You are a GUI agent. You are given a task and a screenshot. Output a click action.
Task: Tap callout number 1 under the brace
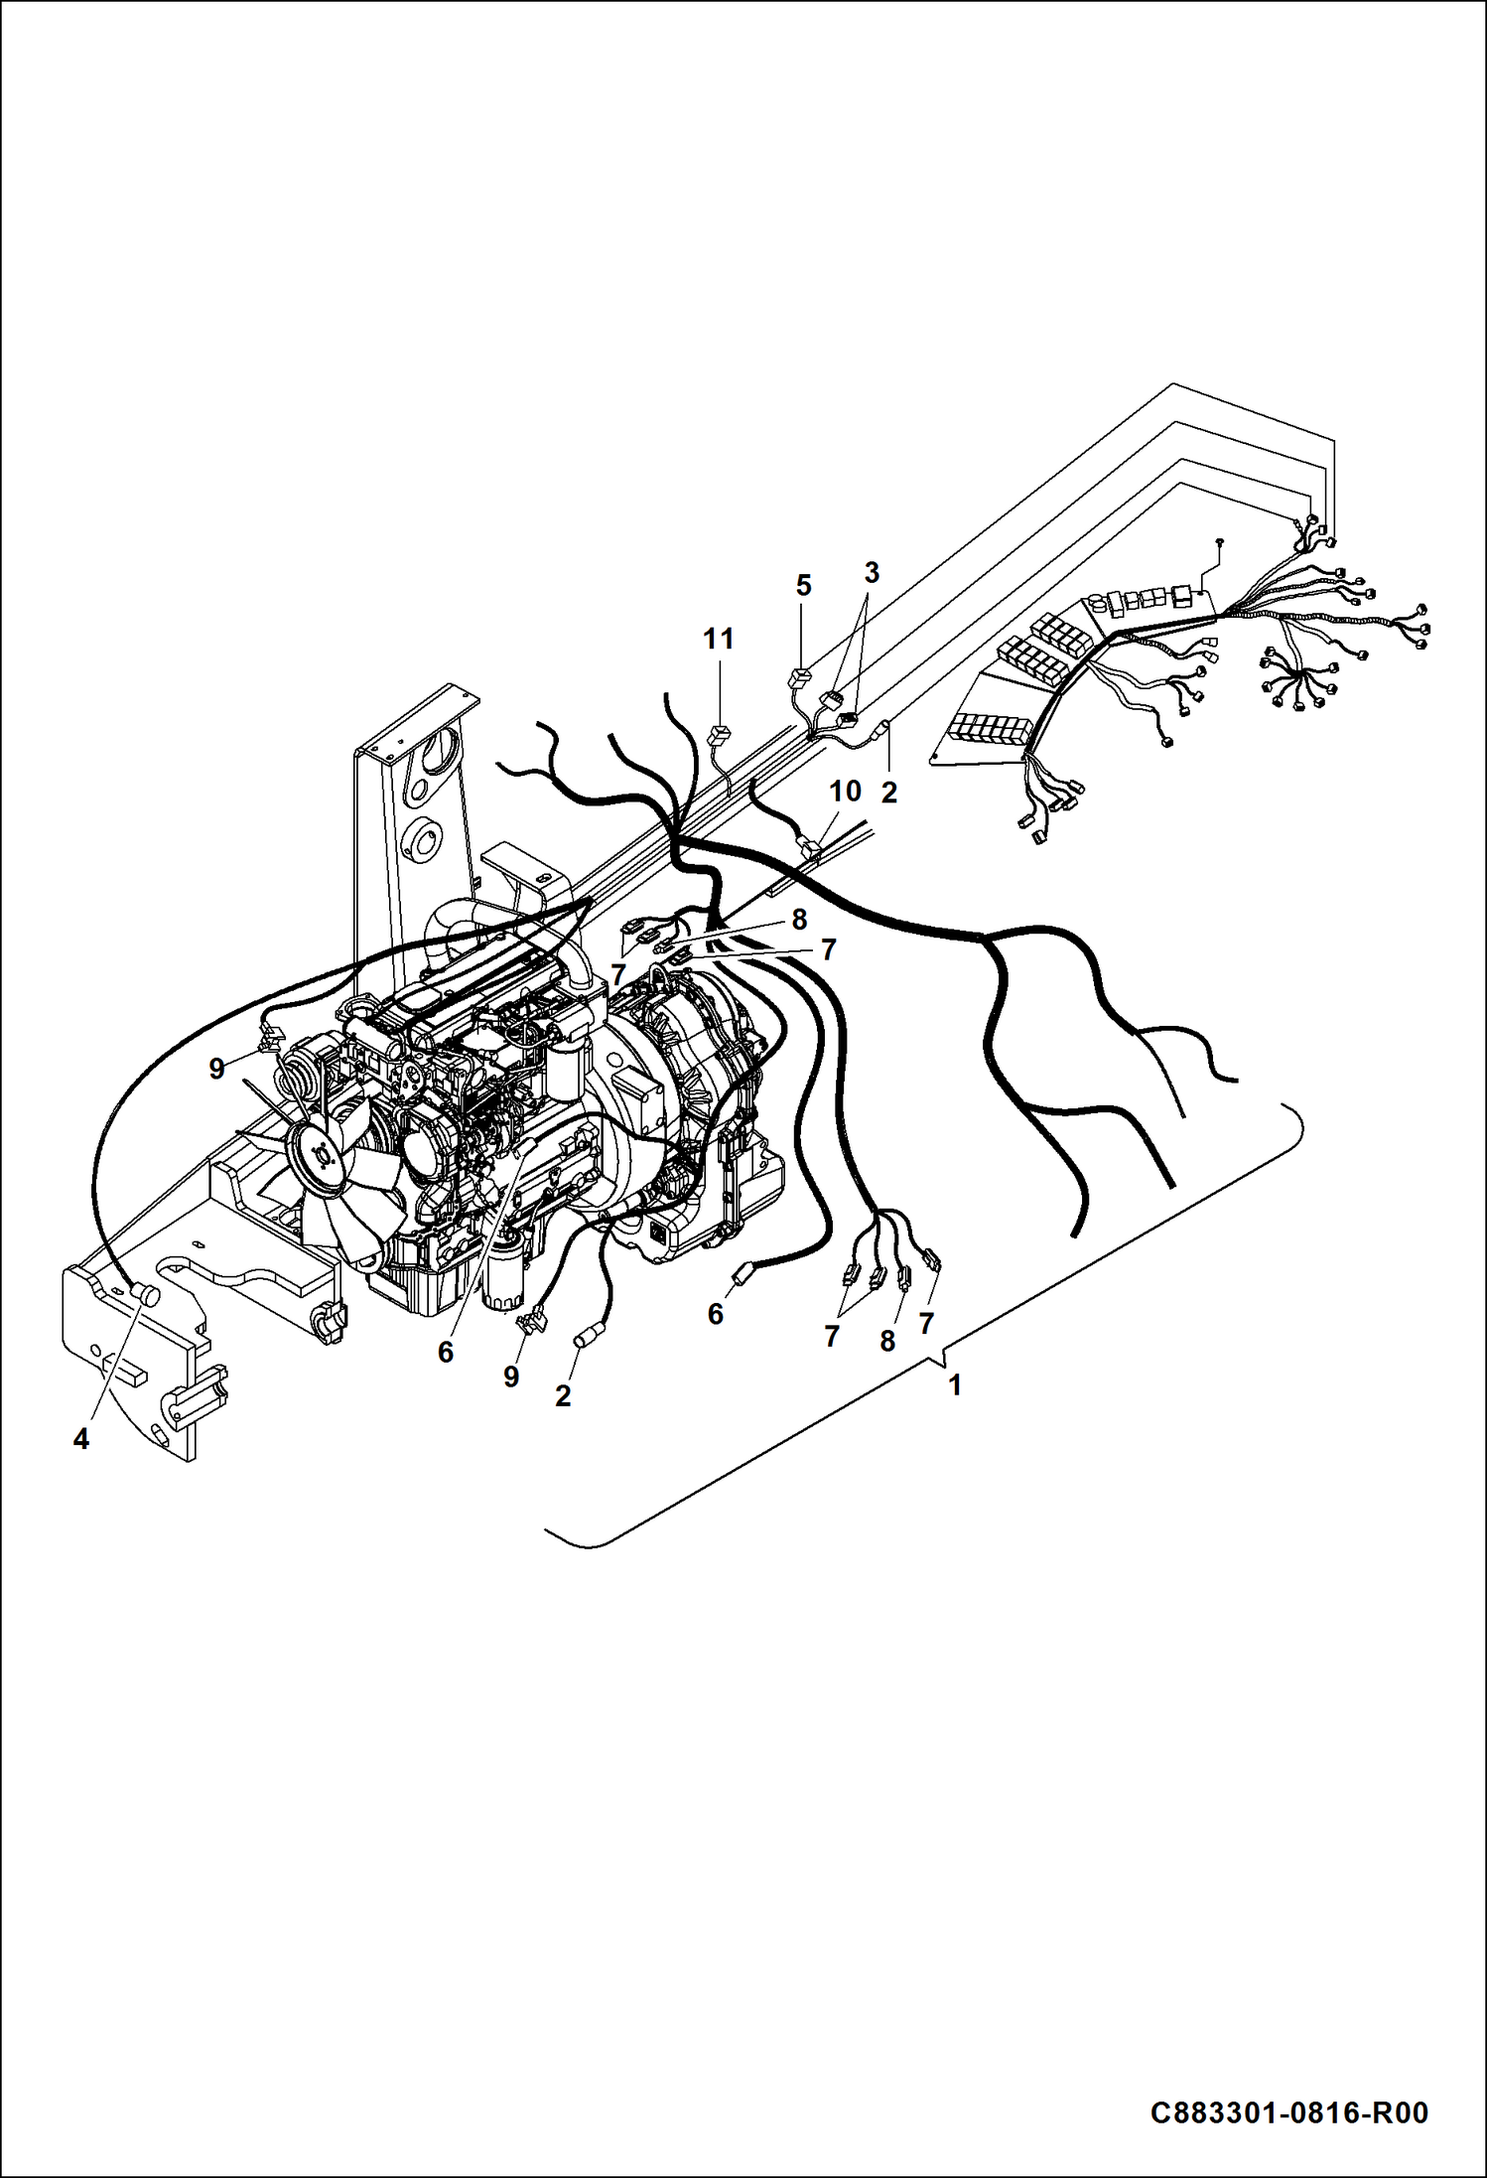coord(955,1384)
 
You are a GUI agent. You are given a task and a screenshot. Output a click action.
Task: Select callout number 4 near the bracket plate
coord(80,1438)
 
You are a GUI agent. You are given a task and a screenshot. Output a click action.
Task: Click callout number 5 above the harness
coord(803,586)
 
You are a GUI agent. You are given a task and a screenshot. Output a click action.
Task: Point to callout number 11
coord(719,639)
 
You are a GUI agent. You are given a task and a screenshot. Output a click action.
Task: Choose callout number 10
coord(845,792)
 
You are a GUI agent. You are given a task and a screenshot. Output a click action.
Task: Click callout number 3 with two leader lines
coord(872,572)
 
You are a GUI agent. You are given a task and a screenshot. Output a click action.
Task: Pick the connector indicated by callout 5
coord(800,680)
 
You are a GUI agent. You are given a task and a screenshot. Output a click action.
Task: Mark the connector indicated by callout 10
coord(809,848)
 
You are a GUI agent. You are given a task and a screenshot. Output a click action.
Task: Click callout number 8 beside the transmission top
coord(799,919)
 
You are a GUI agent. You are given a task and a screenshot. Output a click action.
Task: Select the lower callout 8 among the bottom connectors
coord(887,1341)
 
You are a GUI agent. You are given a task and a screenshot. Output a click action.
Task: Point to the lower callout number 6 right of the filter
coord(715,1314)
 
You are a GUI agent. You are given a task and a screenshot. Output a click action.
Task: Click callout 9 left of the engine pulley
coord(216,1069)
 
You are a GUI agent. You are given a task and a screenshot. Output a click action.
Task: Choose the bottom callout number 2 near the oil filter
coord(563,1395)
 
